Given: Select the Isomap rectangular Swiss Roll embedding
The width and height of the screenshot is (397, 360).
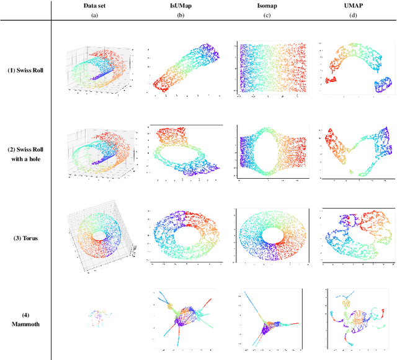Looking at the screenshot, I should [x=270, y=68].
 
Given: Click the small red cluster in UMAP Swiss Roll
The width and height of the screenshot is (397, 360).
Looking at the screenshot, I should [x=329, y=81].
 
